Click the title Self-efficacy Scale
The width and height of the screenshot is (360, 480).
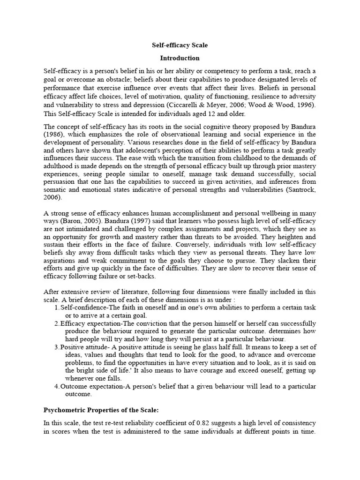(180, 45)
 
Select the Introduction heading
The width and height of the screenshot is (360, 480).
(180, 58)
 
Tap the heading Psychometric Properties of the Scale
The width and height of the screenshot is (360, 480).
(101, 409)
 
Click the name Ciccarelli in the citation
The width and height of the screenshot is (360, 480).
(183, 105)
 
